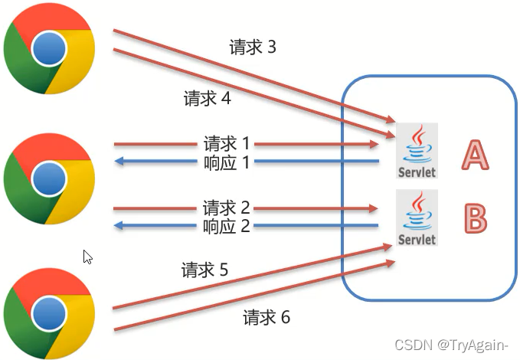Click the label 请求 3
252,47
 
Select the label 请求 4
207,99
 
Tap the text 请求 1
227,143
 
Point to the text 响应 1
227,162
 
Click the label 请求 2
227,208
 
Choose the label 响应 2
227,226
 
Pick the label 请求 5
204,270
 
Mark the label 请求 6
266,317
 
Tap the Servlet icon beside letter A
417,151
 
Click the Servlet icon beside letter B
417,218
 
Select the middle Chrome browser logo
49,178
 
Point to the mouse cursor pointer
88,257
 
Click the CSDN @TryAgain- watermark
456,345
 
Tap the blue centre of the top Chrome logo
49,49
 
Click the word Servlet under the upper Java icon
417,172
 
